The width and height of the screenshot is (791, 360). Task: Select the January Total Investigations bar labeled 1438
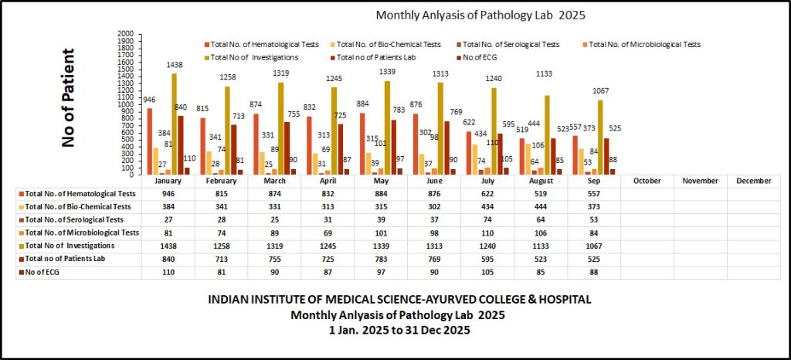click(174, 124)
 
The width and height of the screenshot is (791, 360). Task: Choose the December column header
click(753, 181)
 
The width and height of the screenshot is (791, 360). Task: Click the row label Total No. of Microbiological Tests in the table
click(80, 233)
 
